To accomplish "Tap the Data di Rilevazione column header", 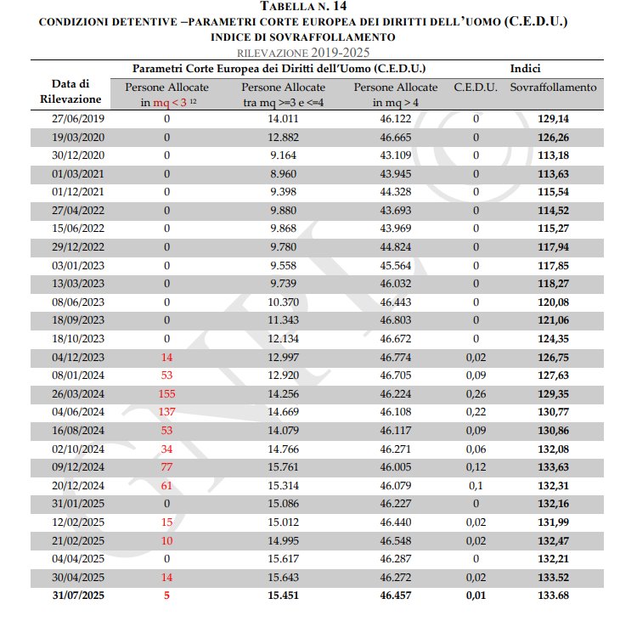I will point(70,92).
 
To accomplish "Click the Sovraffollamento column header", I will point(553,88).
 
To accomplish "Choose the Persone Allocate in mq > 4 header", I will point(396,95).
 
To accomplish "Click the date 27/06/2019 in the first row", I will point(78,119).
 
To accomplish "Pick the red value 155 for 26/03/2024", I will point(167,394).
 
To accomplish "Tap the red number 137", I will point(167,412).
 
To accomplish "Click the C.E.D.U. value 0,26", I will point(476,394).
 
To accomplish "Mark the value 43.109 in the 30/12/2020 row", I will point(396,155).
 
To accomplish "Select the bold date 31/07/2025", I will point(78,596).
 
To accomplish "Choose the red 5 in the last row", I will point(167,596).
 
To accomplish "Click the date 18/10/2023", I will point(78,339).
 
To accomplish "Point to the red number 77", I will point(167,466).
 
